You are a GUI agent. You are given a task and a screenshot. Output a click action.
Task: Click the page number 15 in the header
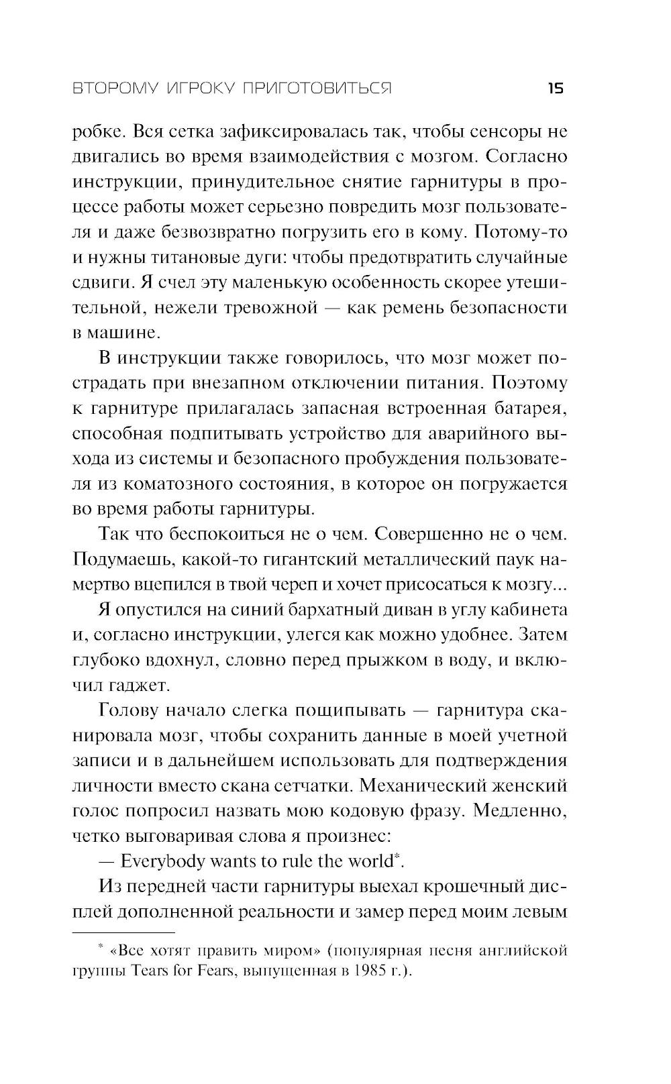coord(556,89)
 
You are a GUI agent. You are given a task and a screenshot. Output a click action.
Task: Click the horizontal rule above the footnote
coord(123,932)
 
